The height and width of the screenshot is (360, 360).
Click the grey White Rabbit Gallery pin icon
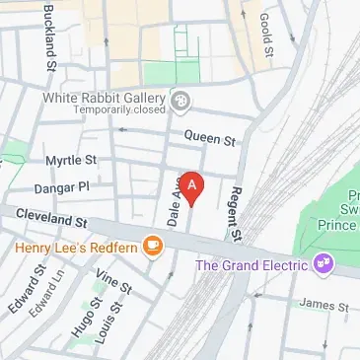pyautogui.click(x=180, y=101)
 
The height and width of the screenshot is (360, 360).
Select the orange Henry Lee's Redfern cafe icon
pyautogui.click(x=152, y=246)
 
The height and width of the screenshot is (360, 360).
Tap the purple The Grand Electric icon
pyautogui.click(x=321, y=263)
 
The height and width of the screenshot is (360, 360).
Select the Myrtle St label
pyautogui.click(x=71, y=160)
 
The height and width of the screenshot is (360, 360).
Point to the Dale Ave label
pyautogui.click(x=172, y=208)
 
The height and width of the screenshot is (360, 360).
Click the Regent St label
pyautogui.click(x=235, y=213)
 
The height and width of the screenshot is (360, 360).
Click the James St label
pyautogui.click(x=317, y=305)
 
